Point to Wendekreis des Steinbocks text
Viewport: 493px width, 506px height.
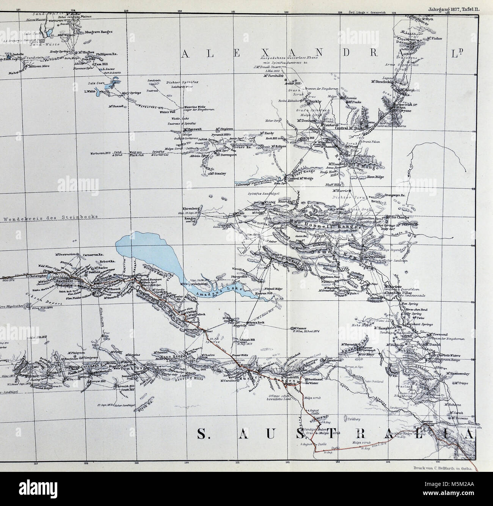click(50, 217)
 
